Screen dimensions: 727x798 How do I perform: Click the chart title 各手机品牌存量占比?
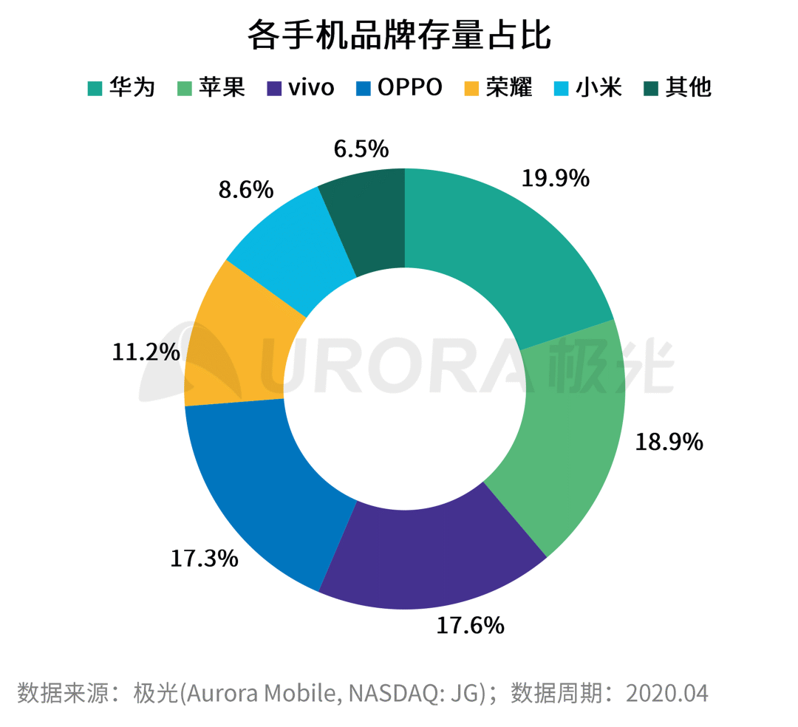click(399, 35)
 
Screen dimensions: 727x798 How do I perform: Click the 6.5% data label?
click(361, 149)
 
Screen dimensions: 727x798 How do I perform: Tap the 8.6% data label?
click(245, 190)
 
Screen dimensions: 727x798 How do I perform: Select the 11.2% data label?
click(146, 352)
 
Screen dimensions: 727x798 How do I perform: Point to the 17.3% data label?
click(204, 558)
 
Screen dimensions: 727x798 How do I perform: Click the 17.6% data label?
click(470, 626)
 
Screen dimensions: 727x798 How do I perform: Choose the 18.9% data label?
click(669, 442)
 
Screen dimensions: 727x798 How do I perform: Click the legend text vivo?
click(311, 88)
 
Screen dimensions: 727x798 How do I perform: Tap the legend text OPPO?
click(410, 88)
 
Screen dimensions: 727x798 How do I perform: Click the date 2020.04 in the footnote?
click(667, 693)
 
